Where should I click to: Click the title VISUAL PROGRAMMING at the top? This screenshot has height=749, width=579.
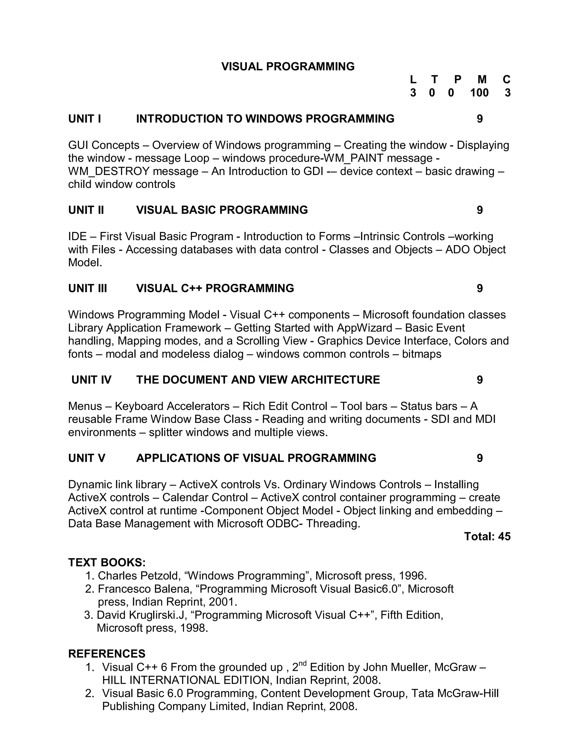tap(288, 66)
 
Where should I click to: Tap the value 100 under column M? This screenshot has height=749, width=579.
tap(479, 93)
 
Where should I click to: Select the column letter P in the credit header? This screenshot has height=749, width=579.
tap(458, 80)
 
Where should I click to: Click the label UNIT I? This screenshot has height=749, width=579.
tap(84, 119)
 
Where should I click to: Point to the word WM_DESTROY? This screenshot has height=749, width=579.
tap(109, 171)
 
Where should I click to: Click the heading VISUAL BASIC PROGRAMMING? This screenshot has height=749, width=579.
tap(222, 210)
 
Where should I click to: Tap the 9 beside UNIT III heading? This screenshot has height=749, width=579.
tap(479, 288)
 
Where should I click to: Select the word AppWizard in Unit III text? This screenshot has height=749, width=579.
tap(364, 328)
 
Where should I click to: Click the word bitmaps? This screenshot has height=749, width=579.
tap(422, 354)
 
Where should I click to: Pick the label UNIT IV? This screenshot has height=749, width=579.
tap(91, 380)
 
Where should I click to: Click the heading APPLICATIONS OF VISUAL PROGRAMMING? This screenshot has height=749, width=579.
tap(256, 458)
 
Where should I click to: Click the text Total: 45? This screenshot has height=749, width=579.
tap(487, 536)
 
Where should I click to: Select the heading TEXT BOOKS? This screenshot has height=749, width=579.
tap(107, 563)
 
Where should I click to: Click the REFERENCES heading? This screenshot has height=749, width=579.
tap(107, 654)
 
